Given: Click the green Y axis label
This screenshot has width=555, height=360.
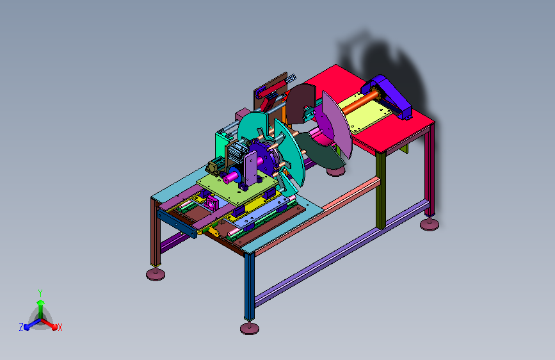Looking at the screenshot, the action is [40, 293].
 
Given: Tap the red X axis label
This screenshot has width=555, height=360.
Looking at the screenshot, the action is [60, 327].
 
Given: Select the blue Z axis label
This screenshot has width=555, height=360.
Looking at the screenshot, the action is [21, 327].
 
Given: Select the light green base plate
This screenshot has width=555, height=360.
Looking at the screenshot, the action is [236, 187].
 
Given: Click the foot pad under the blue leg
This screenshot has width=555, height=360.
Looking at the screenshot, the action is [250, 329].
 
